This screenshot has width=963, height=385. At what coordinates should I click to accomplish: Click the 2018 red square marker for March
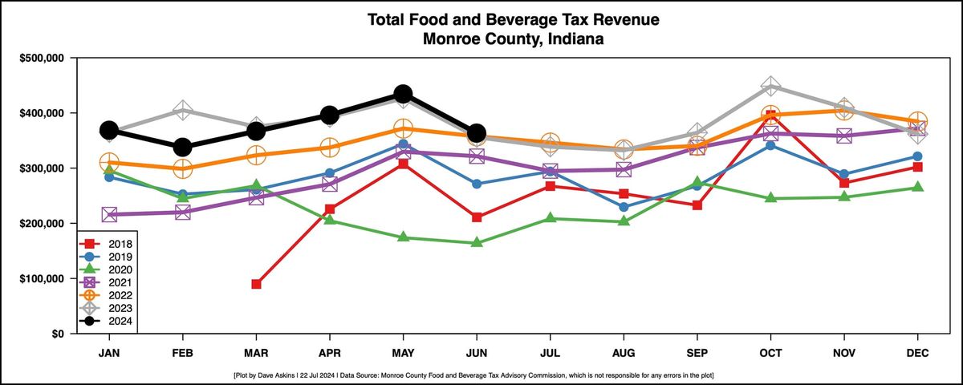click(x=256, y=284)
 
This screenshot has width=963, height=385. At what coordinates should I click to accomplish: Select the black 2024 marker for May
click(x=403, y=94)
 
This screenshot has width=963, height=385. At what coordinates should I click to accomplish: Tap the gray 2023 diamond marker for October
click(x=770, y=87)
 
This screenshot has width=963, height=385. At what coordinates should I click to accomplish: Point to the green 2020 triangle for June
click(x=477, y=242)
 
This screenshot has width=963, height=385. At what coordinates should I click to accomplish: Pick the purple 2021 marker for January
click(x=109, y=214)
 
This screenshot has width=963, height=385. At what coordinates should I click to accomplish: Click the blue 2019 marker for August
click(x=624, y=207)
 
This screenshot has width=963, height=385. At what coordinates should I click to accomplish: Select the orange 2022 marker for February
click(x=183, y=168)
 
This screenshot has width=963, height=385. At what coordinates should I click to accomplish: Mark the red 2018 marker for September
click(x=697, y=205)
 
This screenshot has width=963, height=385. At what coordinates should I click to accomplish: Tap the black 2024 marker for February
click(x=183, y=147)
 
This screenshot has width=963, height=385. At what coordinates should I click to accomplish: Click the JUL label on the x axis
click(x=550, y=351)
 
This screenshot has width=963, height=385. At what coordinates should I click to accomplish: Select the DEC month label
click(x=917, y=351)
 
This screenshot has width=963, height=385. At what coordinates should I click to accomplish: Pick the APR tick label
click(x=329, y=351)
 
